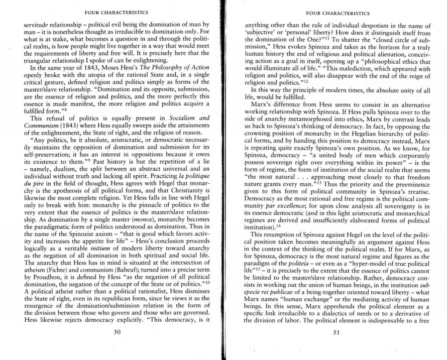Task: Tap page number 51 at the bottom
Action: coord(337,332)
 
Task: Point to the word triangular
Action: coord(38,52)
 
